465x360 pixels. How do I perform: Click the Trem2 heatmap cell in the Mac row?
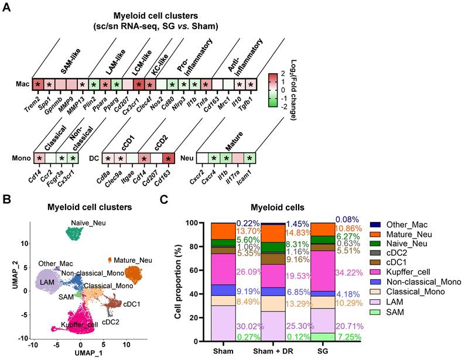coord(38,85)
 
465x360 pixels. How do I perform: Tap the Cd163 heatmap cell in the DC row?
coord(169,159)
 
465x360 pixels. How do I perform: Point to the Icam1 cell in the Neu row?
coord(249,159)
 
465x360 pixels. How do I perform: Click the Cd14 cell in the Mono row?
coord(38,159)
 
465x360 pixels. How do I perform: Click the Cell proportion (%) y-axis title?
coord(179,282)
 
